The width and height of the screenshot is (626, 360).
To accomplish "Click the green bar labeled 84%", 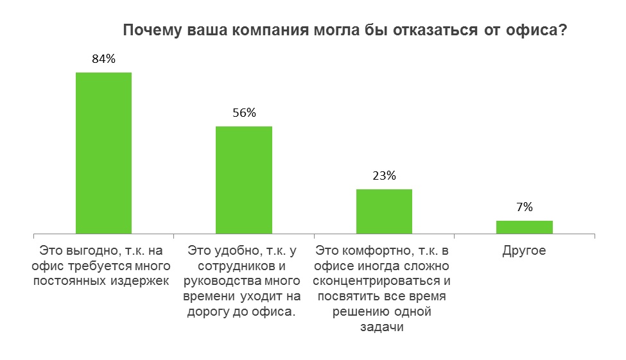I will tap(104, 153).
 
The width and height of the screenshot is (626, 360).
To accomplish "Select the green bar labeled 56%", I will tap(244, 180).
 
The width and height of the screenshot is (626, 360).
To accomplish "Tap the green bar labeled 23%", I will tap(384, 211).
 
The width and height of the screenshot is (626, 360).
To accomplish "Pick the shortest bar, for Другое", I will tap(524, 227).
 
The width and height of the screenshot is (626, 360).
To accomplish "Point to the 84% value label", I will tap(104, 59).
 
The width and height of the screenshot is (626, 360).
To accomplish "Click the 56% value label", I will tap(244, 113).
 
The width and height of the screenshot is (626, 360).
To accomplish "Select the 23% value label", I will tap(384, 176).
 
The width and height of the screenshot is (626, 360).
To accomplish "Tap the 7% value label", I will tap(524, 207).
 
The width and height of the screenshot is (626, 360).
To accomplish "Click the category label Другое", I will tap(524, 250).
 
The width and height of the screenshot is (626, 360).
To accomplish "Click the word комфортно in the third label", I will tap(367, 250).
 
